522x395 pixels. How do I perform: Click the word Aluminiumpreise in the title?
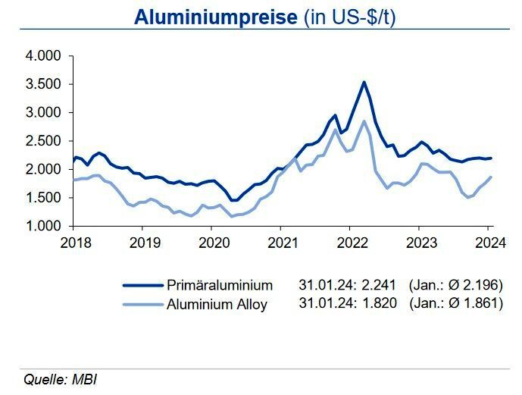(x=216, y=17)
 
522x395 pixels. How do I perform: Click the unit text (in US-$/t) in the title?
(x=349, y=17)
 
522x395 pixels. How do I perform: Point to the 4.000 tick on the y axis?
(x=42, y=56)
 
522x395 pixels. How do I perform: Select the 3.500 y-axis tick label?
(x=42, y=84)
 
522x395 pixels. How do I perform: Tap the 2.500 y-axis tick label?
(x=42, y=141)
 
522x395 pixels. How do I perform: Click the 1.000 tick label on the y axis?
(x=42, y=226)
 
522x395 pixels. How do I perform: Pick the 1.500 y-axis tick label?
(x=42, y=198)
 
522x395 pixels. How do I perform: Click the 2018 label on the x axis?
(x=76, y=243)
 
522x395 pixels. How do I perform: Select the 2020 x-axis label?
(x=214, y=243)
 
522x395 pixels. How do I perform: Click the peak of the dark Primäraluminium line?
(x=364, y=82)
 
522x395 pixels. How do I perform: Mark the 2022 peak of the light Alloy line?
(x=364, y=121)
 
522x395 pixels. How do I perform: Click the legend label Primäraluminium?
(x=220, y=286)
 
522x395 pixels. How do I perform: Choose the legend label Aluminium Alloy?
(x=217, y=305)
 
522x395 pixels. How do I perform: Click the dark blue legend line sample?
(x=142, y=286)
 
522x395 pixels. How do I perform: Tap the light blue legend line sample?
(x=142, y=305)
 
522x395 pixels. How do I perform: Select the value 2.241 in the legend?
(x=380, y=286)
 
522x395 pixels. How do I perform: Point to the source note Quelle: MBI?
(x=61, y=379)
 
